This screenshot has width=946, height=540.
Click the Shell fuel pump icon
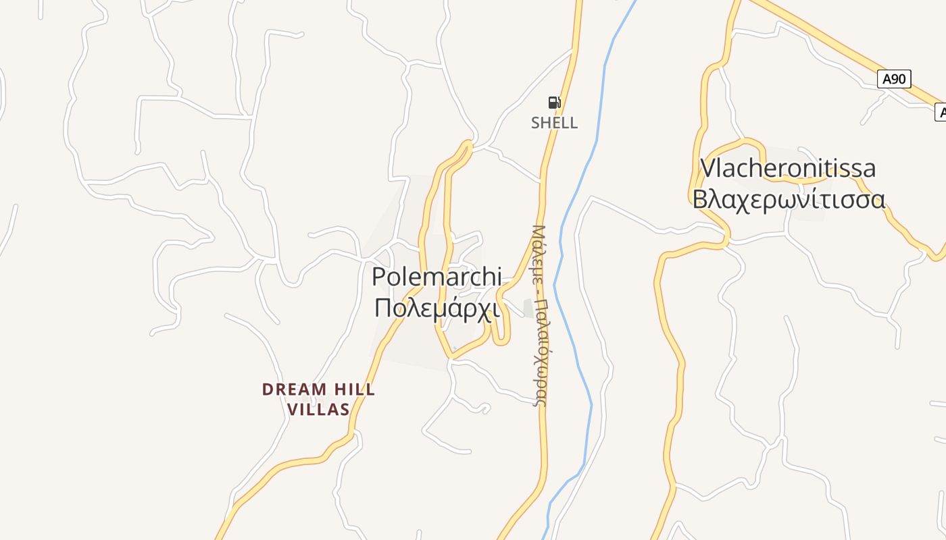coord(554,103)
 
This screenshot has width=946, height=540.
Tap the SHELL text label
coord(554,123)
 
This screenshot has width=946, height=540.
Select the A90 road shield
coord(894,79)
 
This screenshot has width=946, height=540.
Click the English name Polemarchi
coord(437,277)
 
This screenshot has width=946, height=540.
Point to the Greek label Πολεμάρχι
coord(437,307)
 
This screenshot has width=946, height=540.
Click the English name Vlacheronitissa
coord(788,168)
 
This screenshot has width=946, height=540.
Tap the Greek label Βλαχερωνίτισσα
coord(789,199)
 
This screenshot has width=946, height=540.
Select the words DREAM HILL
coord(318,389)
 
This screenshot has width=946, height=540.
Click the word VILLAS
coord(318,409)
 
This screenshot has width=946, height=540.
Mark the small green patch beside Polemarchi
coord(529,308)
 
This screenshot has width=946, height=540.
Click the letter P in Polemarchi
coord(379,277)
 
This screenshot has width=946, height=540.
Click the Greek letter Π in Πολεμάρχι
coord(382,308)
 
